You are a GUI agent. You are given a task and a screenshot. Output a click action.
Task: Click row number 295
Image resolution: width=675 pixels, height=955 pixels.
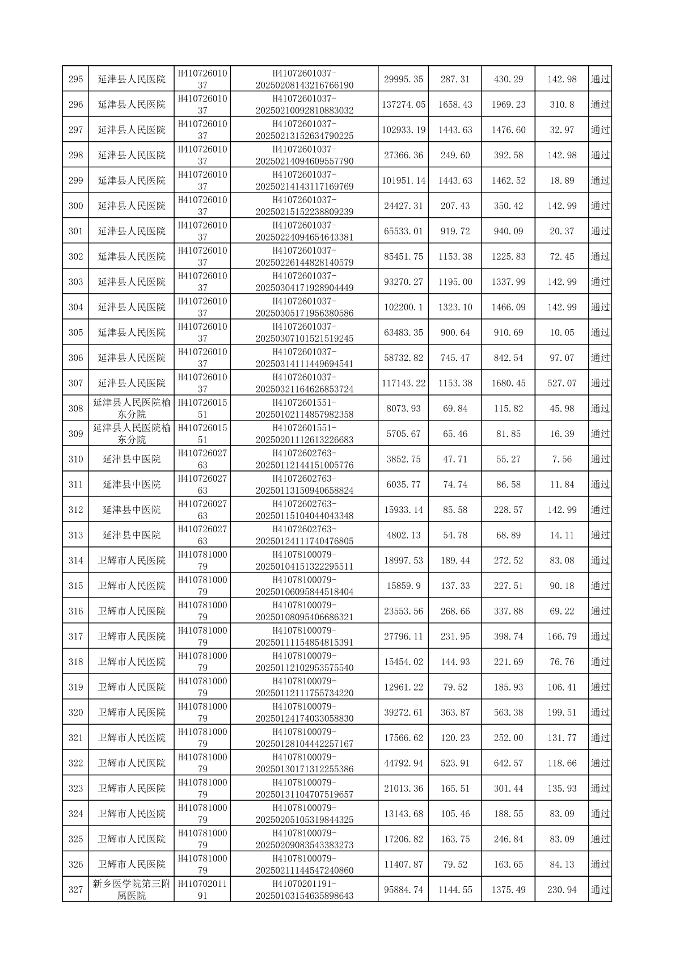tap(75, 79)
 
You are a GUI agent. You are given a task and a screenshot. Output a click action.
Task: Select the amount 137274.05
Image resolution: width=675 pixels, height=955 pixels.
tap(403, 105)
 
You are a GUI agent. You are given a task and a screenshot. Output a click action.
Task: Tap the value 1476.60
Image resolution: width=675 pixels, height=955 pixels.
tap(508, 130)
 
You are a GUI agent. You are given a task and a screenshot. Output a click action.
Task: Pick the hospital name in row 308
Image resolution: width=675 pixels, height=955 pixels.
tap(132, 409)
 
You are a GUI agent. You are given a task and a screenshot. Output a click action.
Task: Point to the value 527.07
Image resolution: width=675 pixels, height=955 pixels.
tap(562, 384)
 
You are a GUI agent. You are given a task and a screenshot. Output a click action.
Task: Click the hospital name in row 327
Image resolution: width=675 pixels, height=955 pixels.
tap(132, 890)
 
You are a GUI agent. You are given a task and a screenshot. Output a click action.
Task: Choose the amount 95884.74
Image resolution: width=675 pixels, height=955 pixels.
tap(403, 890)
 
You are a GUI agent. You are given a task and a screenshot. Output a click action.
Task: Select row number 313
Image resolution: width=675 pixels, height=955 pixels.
tap(75, 535)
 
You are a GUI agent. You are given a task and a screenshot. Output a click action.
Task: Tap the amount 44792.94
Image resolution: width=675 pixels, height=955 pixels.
tap(403, 763)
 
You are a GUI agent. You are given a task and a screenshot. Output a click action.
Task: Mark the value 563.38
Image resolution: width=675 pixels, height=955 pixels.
tap(508, 713)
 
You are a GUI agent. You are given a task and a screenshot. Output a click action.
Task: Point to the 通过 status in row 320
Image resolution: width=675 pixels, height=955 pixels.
tap(600, 713)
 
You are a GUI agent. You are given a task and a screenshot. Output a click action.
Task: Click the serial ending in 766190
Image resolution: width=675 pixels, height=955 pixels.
tap(305, 79)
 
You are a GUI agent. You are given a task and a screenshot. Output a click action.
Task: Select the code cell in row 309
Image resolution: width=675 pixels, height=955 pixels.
tap(202, 434)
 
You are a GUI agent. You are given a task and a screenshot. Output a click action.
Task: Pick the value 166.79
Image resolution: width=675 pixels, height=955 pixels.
tap(562, 637)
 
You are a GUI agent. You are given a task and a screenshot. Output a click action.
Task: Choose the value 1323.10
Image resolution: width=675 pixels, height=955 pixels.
tap(455, 308)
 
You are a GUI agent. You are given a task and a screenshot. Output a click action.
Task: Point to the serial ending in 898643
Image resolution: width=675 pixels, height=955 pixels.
tap(305, 890)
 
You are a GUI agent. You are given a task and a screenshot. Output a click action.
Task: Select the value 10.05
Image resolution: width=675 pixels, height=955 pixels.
tap(562, 333)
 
